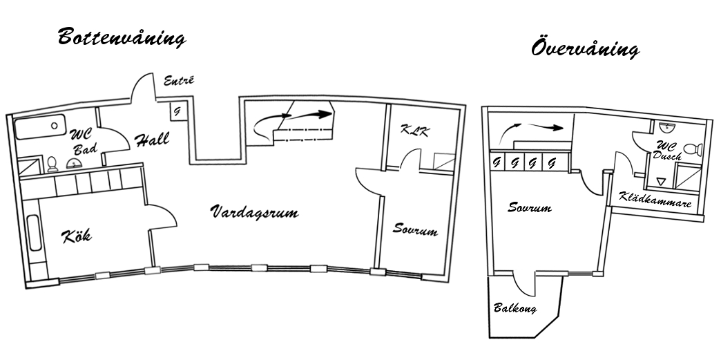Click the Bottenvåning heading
(x=122, y=37)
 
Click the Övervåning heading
(x=586, y=48)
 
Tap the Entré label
(x=179, y=80)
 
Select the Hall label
(x=152, y=140)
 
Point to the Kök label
(x=77, y=236)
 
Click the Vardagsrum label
(x=255, y=211)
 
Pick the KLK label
(x=415, y=131)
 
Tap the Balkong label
(x=515, y=307)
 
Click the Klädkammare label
(x=655, y=199)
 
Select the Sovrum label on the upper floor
(x=529, y=207)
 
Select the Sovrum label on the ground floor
(x=415, y=229)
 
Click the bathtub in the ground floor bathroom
(x=40, y=126)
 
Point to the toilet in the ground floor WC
(x=52, y=164)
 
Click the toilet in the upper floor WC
(x=693, y=149)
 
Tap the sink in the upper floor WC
(x=665, y=126)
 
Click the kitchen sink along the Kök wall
(x=35, y=233)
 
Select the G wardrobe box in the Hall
(x=178, y=111)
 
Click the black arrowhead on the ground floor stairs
(x=325, y=114)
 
